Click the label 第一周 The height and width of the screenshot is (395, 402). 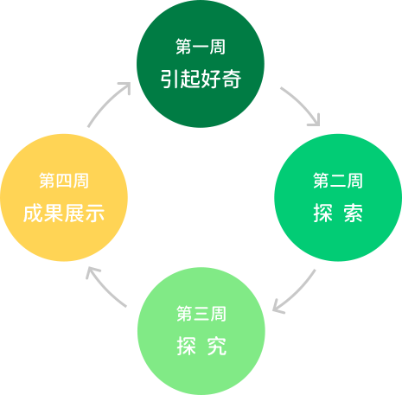[x=201, y=47]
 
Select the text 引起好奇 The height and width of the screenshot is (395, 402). [x=201, y=79]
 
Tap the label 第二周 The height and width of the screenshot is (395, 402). [x=338, y=181]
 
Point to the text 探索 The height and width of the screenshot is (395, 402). [x=338, y=213]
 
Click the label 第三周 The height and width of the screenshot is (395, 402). [x=201, y=314]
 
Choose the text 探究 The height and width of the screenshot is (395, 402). [x=201, y=346]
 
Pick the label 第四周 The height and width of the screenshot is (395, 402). [x=64, y=181]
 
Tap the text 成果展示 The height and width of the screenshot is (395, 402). [x=64, y=213]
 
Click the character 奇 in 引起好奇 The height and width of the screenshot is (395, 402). [x=232, y=79]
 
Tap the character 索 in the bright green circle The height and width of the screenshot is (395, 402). [x=354, y=213]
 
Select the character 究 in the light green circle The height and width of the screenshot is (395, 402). [x=217, y=346]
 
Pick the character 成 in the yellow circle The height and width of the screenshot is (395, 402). [x=33, y=213]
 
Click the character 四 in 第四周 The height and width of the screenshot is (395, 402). [x=64, y=181]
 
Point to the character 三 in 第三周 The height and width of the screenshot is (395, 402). [x=201, y=314]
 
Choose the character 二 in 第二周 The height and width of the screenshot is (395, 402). [x=338, y=181]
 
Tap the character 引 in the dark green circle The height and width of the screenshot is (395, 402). [x=169, y=79]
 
